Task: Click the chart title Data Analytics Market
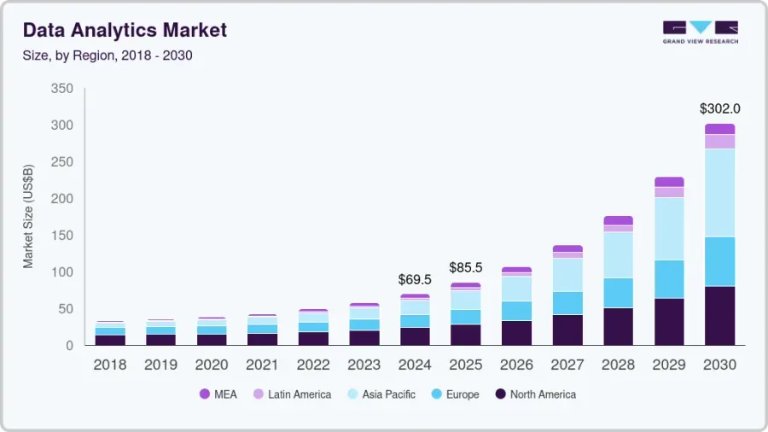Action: [125, 31]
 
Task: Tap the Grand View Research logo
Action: [700, 32]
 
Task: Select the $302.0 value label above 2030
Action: [719, 108]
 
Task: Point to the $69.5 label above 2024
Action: [415, 279]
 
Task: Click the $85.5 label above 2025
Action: [465, 267]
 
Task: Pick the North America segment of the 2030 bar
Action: [719, 315]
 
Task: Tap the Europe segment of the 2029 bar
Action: [669, 279]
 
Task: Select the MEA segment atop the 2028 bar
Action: [618, 220]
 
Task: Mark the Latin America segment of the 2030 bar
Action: [719, 142]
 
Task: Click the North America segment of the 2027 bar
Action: [567, 330]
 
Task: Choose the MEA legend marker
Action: [204, 394]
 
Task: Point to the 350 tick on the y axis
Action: [61, 89]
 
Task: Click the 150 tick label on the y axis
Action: [61, 236]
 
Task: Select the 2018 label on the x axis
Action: [110, 365]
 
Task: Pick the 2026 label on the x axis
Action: [516, 365]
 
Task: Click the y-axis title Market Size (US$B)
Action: [28, 217]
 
